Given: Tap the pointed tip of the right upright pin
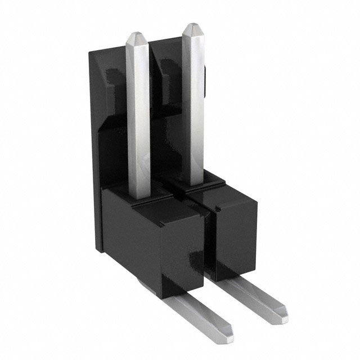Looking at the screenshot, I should coord(192,29).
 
